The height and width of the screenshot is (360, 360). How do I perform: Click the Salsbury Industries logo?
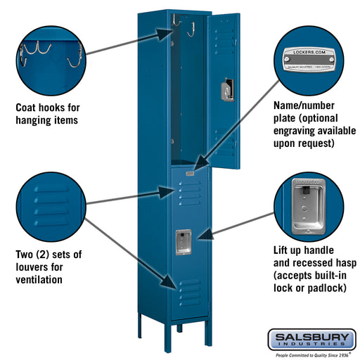pos(311,340)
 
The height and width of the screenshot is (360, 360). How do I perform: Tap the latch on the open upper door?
pos(225,90)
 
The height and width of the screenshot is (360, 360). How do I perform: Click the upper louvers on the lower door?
pos(190,193)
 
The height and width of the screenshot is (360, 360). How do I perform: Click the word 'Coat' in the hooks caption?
pos(28,108)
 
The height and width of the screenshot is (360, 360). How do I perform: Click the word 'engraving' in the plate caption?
pos(295,131)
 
